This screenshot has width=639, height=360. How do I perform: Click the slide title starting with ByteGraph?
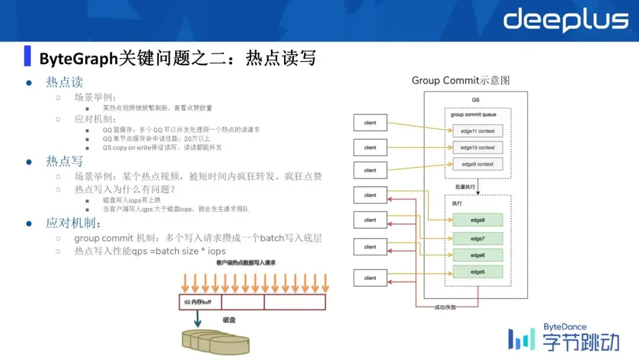pyautogui.click(x=177, y=58)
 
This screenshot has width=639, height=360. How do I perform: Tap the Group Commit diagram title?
pyautogui.click(x=461, y=81)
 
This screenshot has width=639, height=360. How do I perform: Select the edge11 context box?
pyautogui.click(x=477, y=131)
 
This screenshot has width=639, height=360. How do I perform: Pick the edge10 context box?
pyautogui.click(x=477, y=147)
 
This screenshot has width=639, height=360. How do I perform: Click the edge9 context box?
pyautogui.click(x=477, y=164)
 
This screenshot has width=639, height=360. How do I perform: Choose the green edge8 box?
pyautogui.click(x=477, y=220)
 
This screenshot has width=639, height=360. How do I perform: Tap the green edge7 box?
pyautogui.click(x=477, y=238)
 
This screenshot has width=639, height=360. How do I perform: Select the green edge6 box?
pyautogui.click(x=477, y=255)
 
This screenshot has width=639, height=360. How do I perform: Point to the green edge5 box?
pyautogui.click(x=477, y=272)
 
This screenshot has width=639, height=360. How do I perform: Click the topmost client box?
pyautogui.click(x=370, y=123)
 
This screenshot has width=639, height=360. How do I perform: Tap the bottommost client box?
pyautogui.click(x=370, y=278)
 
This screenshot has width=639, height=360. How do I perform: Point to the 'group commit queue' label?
pyautogui.click(x=473, y=115)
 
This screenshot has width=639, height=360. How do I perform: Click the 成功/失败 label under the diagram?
pyautogui.click(x=447, y=307)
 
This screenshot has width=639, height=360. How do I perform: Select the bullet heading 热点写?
pyautogui.click(x=64, y=161)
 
